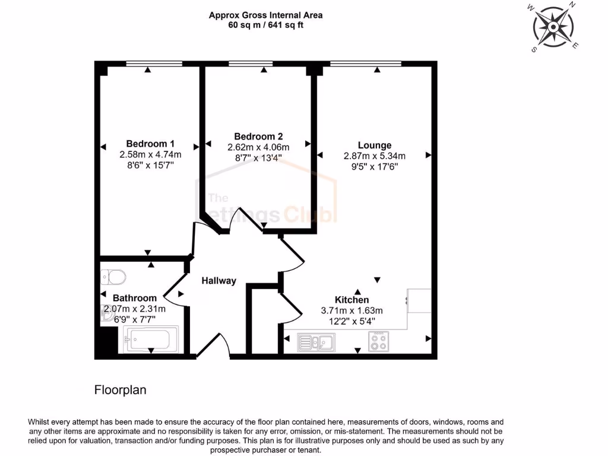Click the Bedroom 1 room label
[150, 144]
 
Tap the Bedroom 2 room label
[258, 137]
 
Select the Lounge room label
[374, 145]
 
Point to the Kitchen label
[353, 300]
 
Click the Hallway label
[218, 281]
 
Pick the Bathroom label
[135, 298]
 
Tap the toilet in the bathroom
[113, 277]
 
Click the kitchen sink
[316, 342]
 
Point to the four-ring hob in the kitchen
[378, 342]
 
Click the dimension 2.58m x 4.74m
[150, 155]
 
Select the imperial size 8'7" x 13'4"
[258, 158]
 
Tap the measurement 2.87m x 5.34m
[374, 156]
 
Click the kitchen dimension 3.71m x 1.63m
[353, 311]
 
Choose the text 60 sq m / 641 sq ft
[265, 26]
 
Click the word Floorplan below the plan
[121, 390]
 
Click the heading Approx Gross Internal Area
[265, 15]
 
